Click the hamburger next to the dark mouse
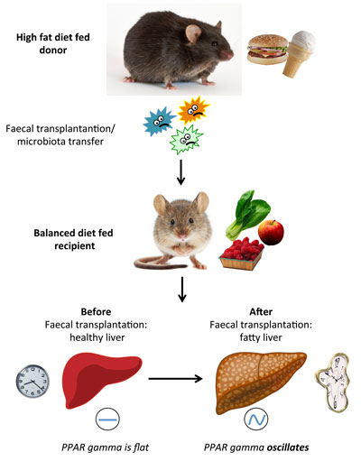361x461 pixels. point(267,50)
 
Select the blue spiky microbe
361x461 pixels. point(159,122)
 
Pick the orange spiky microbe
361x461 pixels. point(193,110)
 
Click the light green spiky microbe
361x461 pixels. point(187,139)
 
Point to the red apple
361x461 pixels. point(271,232)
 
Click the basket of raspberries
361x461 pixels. point(241,254)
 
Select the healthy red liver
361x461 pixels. point(101,380)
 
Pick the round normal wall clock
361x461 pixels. point(32,381)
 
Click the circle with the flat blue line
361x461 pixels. point(107,419)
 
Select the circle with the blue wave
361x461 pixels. point(256,419)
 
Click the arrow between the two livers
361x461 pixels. point(175,379)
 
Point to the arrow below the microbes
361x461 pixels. point(180,172)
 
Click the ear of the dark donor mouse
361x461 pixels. point(193,33)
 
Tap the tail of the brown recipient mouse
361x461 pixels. point(160,263)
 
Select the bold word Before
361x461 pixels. point(96,311)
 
